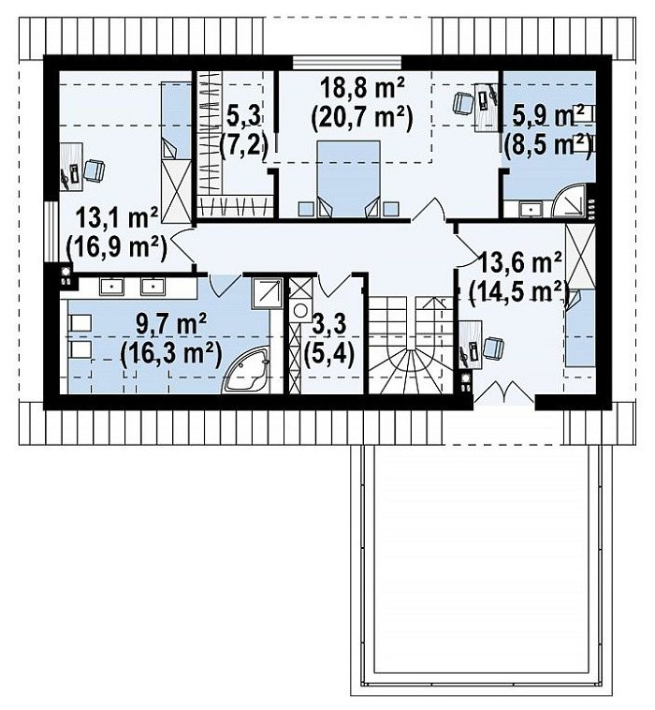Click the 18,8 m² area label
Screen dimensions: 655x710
(362, 88)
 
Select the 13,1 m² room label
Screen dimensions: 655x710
(117, 218)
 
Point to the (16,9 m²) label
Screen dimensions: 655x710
(117, 247)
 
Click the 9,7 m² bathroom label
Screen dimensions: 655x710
(171, 324)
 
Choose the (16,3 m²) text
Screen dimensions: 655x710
(171, 354)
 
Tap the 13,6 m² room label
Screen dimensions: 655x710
(520, 263)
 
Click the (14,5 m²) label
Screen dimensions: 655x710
(518, 291)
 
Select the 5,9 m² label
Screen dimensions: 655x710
(548, 116)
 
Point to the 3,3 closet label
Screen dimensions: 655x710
(328, 324)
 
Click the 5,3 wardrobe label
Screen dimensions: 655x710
(243, 116)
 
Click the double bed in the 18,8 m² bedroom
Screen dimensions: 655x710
(348, 179)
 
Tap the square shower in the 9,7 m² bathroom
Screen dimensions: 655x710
(268, 293)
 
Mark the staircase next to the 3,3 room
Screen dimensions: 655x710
(411, 345)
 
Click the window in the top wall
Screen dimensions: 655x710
(347, 63)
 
